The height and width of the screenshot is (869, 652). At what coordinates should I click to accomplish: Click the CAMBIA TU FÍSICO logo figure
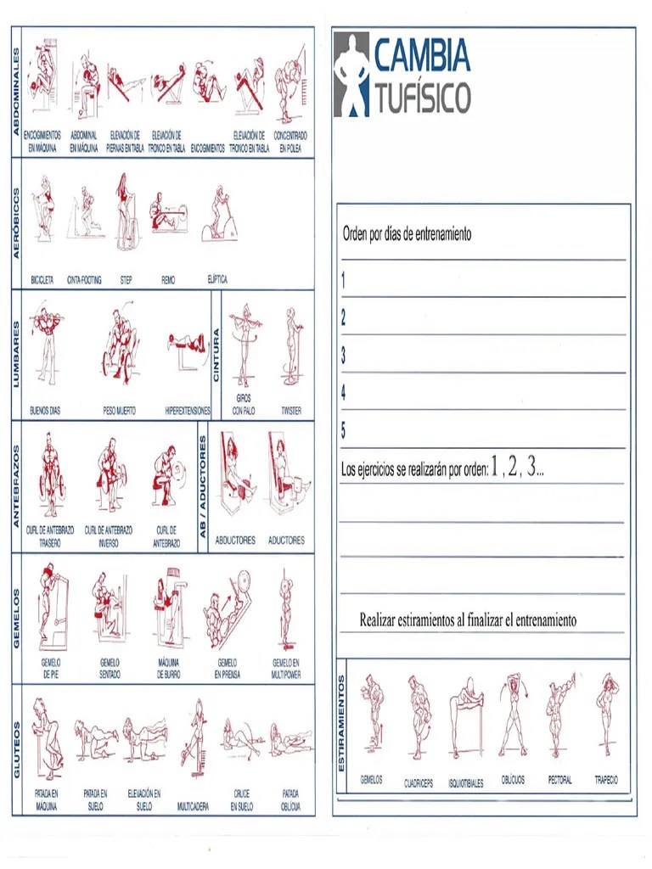coord(351,75)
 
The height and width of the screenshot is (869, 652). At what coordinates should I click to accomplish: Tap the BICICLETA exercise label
coord(42,279)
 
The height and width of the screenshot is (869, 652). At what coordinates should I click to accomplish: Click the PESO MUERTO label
coord(119,410)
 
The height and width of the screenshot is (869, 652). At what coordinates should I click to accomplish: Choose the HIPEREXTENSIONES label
coord(188,410)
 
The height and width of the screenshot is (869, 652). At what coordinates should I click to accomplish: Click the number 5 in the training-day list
coord(343,430)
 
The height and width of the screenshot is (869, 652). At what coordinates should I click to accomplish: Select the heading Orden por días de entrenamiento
coord(407,234)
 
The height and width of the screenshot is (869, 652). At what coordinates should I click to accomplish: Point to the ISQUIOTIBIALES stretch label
coord(465,783)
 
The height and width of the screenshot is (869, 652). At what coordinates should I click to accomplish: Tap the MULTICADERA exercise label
coord(194,807)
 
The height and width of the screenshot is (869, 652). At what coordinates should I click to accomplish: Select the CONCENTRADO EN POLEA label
coord(290,141)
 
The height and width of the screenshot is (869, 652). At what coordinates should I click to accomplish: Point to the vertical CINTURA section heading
coord(216,354)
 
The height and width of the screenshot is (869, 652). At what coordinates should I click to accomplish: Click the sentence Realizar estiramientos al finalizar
coord(468,620)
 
